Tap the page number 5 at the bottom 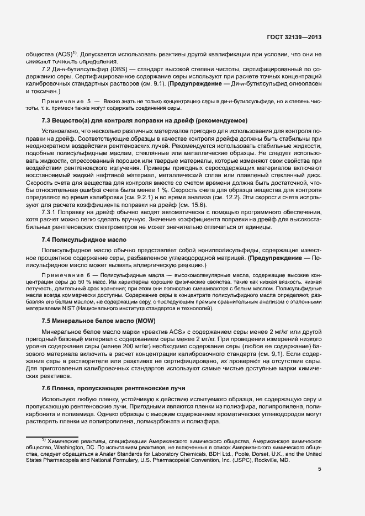pos(319,469)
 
